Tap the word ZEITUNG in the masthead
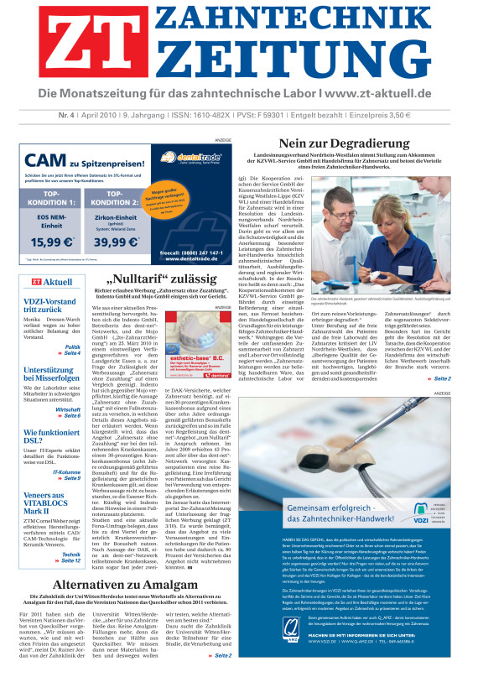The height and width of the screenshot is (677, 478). click(281, 63)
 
